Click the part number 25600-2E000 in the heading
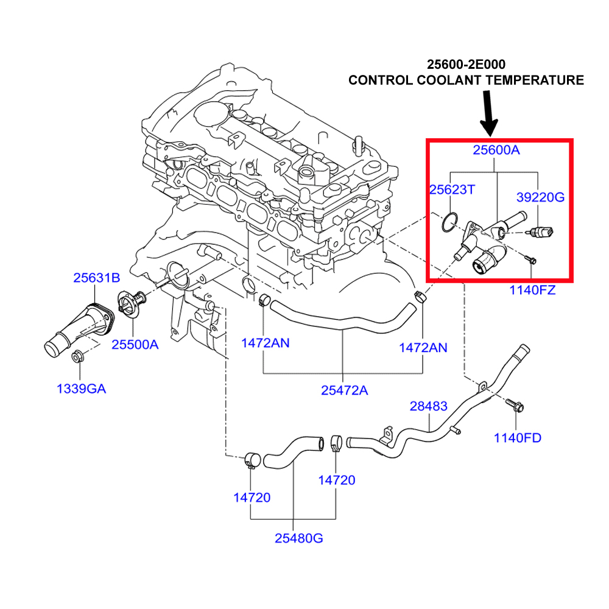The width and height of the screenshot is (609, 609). (x=465, y=64)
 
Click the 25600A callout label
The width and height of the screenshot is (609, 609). (x=496, y=150)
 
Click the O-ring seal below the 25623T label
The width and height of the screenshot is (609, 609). (x=448, y=223)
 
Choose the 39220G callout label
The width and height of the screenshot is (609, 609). (x=540, y=197)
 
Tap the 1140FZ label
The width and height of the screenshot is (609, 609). (x=532, y=290)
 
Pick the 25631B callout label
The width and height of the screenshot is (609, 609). (x=96, y=278)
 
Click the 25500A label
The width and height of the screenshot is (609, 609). (x=135, y=344)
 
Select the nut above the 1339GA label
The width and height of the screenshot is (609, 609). (x=78, y=357)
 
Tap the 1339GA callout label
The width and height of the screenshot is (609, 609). (x=81, y=388)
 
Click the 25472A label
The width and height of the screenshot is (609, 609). (x=344, y=390)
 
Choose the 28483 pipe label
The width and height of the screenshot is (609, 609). (x=428, y=406)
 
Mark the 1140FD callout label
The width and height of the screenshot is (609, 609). (x=517, y=437)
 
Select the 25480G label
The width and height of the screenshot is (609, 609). (x=298, y=538)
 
